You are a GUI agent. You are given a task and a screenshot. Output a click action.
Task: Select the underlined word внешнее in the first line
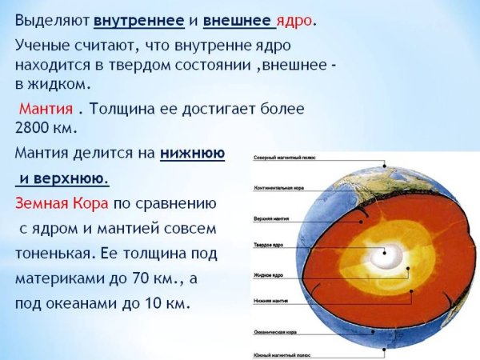pos(238,20)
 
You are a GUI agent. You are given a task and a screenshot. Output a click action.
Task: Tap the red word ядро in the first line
pos(294,20)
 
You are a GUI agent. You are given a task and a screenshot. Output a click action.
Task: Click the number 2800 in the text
pos(34,126)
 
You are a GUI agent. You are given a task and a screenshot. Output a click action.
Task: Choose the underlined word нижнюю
pos(192,152)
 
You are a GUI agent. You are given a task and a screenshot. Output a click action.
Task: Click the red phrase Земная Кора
pos(61,203)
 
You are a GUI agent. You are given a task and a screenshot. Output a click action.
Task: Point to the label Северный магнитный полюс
pos(285,158)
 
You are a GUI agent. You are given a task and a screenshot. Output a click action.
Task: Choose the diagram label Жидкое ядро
pos(268,274)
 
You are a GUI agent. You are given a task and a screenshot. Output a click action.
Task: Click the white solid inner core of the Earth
pos(390,257)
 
